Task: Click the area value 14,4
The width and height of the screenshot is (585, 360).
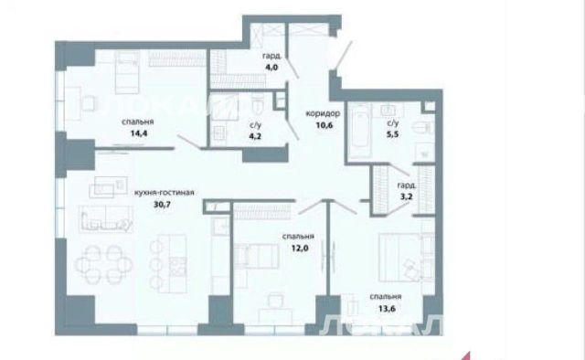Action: point(139,133)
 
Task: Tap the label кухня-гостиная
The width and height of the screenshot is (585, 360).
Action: point(165,193)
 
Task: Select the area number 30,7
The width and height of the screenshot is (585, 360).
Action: point(162,204)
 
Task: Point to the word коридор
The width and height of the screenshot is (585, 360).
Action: point(323,113)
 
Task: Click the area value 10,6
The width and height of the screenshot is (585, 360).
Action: point(324,125)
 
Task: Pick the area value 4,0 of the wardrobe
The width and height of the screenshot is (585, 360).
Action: point(271,68)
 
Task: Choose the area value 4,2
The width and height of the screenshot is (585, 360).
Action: point(255,136)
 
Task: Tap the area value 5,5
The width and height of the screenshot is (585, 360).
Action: point(392,134)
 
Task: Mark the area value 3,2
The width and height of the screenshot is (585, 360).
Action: point(406,196)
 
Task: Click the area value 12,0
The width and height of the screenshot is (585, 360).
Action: point(300,248)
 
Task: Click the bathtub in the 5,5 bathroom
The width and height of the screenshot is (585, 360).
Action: point(360,131)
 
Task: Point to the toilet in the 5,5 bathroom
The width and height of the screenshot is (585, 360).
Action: point(423,128)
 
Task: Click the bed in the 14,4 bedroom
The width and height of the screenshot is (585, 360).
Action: point(127,72)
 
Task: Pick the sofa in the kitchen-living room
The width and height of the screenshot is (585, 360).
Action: point(106,219)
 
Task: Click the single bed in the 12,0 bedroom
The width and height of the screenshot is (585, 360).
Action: point(256,256)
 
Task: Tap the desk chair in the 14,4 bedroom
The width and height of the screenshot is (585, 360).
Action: point(89,103)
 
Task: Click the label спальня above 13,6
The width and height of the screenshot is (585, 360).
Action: point(386,297)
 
